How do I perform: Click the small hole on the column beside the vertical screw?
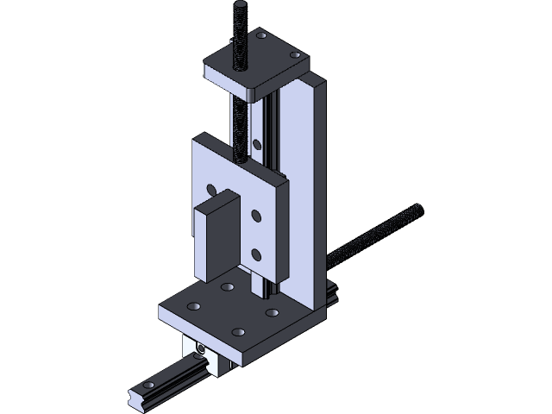[x=256, y=144]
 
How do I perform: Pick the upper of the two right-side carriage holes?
[x=255, y=216]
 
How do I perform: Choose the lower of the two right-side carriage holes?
[x=256, y=253]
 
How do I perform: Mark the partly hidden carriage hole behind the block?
[x=210, y=188]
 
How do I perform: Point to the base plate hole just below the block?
[x=227, y=287]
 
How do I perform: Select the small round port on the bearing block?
[x=200, y=348]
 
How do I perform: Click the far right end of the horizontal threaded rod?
[x=420, y=208]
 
